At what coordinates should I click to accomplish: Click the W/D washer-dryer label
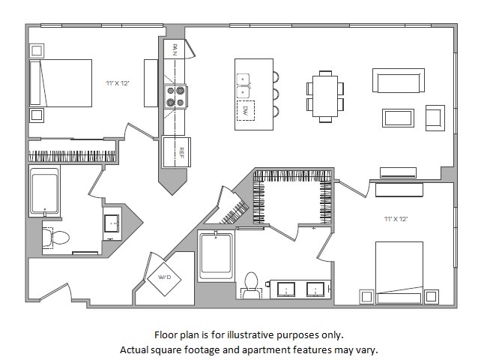click(165, 277)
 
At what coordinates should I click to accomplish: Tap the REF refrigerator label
click(181, 152)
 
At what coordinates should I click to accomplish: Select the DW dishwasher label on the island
click(246, 110)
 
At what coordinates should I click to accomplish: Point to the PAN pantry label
click(175, 49)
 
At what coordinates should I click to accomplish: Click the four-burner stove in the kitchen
click(175, 97)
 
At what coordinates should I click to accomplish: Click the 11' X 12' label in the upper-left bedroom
click(118, 83)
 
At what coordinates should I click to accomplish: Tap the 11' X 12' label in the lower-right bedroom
click(396, 219)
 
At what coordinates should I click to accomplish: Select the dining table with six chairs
click(325, 97)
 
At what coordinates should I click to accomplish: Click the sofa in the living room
click(399, 80)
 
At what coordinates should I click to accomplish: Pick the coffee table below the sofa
click(398, 118)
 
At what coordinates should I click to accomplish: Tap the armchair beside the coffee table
click(435, 118)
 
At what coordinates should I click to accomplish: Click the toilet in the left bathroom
click(55, 238)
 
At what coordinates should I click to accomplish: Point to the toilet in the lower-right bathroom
click(251, 285)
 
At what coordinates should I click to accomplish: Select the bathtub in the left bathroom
click(44, 191)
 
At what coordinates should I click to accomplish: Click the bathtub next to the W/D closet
click(216, 256)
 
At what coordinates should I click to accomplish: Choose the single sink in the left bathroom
click(112, 223)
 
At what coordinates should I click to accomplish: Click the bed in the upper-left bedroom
click(61, 83)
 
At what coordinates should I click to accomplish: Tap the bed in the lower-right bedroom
click(399, 272)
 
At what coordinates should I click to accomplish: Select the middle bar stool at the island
click(276, 94)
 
